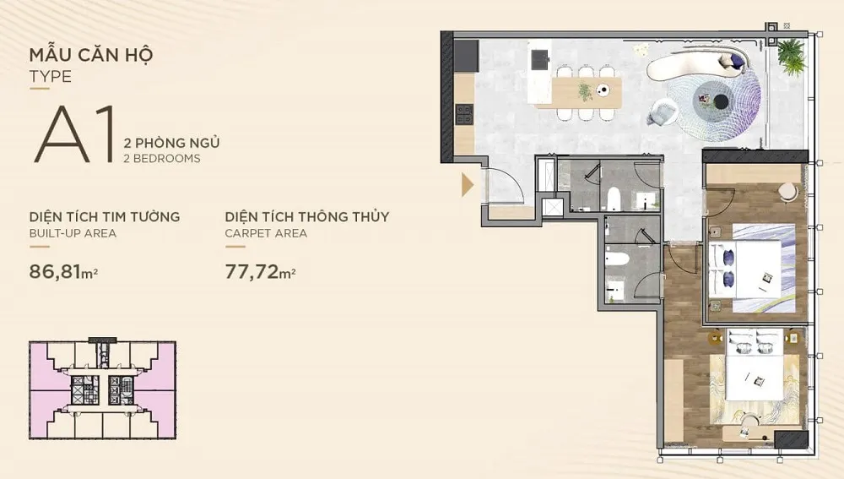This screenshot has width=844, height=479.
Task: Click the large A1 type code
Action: pos(75,133)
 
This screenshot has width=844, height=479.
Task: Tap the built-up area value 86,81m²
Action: pos(63,271)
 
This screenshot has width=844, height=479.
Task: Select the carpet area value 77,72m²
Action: pos(260,271)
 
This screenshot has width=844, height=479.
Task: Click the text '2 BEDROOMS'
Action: pos(161,159)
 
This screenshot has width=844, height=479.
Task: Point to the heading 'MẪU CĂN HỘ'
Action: pos(91,55)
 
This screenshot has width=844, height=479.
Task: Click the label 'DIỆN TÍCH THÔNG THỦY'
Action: pos(307,216)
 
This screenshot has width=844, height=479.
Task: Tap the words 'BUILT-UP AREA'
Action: pos(73,233)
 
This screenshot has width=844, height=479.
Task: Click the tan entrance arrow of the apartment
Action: pos(468,185)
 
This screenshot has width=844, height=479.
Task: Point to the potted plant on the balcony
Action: pos(791,56)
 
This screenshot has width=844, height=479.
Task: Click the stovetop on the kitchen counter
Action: pos(463,115)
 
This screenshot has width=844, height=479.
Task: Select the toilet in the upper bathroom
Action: pos(614,199)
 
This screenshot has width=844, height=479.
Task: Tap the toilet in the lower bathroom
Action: pos(617,260)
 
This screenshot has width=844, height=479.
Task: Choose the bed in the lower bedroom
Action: pos(754,364)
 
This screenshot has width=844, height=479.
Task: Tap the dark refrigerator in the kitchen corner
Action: pos(466,56)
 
